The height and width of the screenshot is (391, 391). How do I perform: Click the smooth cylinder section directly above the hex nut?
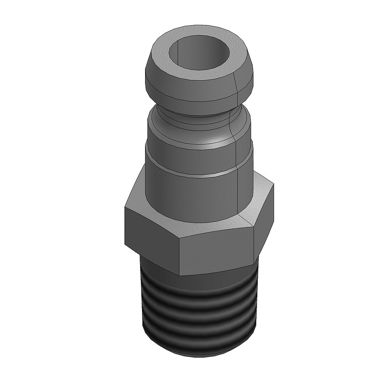click(x=191, y=195)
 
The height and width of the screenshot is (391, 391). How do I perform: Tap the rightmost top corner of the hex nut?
click(x=273, y=184)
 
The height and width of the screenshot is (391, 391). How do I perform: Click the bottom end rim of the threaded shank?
click(x=199, y=353)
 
